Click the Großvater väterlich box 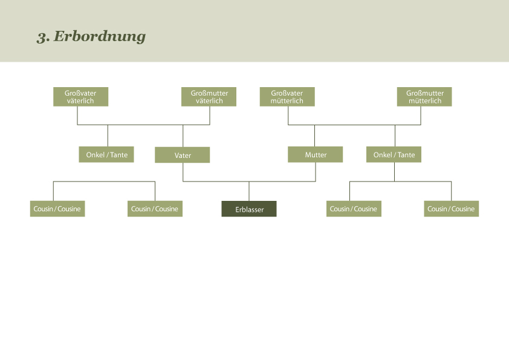coord(80,97)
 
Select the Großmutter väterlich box coord(209,97)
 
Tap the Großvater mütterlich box coord(287,97)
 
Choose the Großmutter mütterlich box coord(424,97)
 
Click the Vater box coord(183,155)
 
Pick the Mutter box coord(316,155)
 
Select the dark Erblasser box coord(249,209)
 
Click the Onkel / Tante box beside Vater coord(106,155)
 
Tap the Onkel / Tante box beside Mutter coord(394,155)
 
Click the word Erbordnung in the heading coord(100,36)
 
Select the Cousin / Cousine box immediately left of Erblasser coord(155,209)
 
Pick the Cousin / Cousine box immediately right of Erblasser coord(354,209)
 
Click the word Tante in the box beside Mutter coord(406,155)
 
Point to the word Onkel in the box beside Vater coord(96,155)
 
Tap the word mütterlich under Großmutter coord(425,101)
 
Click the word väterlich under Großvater coord(80,101)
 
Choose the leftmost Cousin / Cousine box coord(57,209)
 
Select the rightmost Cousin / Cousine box coord(451,209)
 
